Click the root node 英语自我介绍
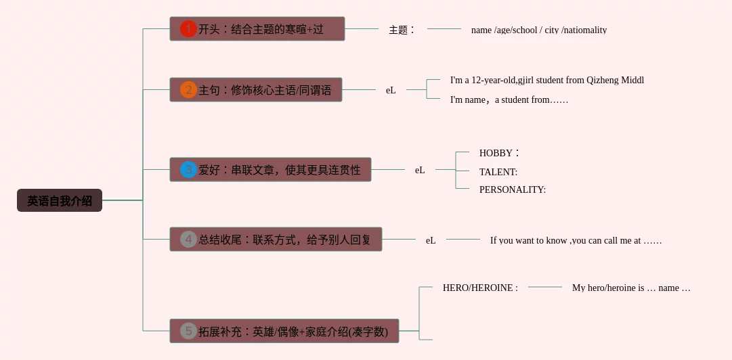[60, 201]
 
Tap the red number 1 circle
[188, 29]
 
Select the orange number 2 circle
[188, 90]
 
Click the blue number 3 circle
[188, 170]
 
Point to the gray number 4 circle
[188, 240]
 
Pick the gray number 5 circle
[188, 332]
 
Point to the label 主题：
[401, 30]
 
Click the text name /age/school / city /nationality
[539, 30]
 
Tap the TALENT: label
[498, 172]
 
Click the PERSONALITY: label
[513, 189]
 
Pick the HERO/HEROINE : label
[480, 288]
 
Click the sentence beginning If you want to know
[576, 240]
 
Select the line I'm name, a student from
[509, 100]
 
